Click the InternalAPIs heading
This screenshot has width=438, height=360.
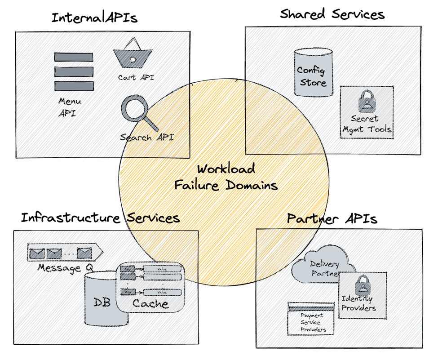pyautogui.click(x=94, y=18)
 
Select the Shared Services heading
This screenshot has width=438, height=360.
pyautogui.click(x=332, y=14)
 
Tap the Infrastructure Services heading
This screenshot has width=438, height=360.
pyautogui.click(x=100, y=218)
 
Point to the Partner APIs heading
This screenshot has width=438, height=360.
pyautogui.click(x=332, y=219)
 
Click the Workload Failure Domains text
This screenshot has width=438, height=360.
pyautogui.click(x=226, y=177)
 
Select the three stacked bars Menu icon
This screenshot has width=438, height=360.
pyautogui.click(x=74, y=71)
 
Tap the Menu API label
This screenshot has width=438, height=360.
pyautogui.click(x=70, y=107)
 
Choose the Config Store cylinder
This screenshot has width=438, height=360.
pyautogui.click(x=313, y=71)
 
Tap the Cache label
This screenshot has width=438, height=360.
pyautogui.click(x=150, y=304)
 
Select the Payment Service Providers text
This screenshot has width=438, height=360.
pyautogui.click(x=311, y=323)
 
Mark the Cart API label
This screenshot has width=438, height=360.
pyautogui.click(x=136, y=77)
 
